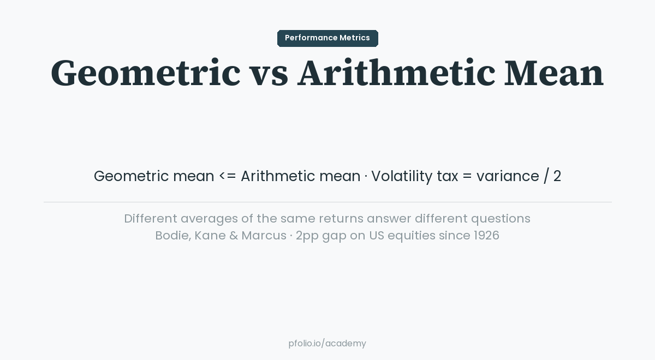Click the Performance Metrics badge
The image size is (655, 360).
tap(327, 38)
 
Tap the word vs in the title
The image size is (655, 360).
tap(269, 74)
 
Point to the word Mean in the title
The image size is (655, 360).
tap(553, 74)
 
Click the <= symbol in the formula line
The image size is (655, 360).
tap(228, 176)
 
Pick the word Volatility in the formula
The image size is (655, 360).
tap(402, 176)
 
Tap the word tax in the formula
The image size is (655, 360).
tap(447, 176)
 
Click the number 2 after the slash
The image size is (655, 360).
tap(557, 176)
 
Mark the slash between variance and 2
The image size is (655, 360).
tap(546, 176)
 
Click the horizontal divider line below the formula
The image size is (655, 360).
tap(327, 202)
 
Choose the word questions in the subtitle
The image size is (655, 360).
tap(501, 219)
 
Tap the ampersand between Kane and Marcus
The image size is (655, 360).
tap(233, 236)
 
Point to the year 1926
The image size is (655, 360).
tap(486, 236)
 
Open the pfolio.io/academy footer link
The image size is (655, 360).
tap(327, 344)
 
